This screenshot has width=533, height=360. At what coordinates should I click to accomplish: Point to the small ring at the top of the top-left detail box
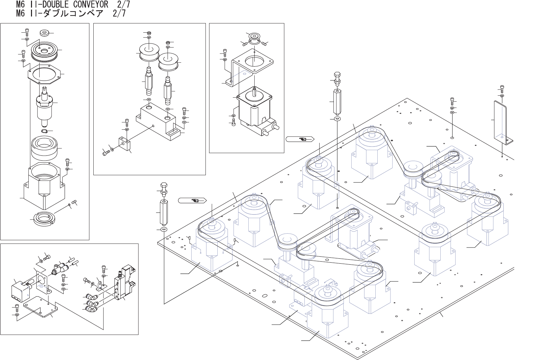coord(44,33)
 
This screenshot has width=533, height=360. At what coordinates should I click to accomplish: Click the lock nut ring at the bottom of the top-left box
coord(44,218)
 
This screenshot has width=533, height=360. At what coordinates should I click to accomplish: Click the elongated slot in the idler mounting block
coord(173,133)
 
